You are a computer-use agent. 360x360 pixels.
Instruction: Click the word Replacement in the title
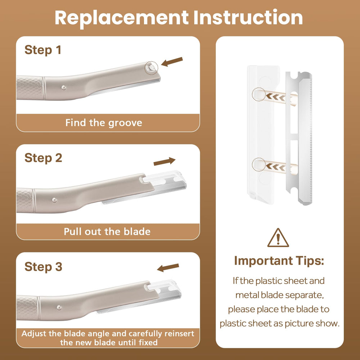click(x=122, y=18)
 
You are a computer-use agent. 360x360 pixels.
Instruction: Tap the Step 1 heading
click(x=43, y=50)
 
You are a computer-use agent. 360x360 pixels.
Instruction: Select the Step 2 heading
click(x=43, y=158)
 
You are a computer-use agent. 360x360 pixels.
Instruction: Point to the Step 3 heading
click(x=43, y=266)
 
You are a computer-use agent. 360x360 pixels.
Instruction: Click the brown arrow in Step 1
click(x=172, y=62)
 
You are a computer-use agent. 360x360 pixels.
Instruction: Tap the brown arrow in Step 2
click(x=165, y=161)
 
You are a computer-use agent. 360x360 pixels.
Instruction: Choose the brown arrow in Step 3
click(x=168, y=267)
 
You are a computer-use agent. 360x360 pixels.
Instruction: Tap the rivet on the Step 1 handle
click(x=64, y=87)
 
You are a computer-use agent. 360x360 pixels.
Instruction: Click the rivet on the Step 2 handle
click(x=54, y=200)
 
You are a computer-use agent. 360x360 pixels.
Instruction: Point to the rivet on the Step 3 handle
click(x=59, y=308)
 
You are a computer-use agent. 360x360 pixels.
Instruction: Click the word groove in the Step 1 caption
click(x=125, y=123)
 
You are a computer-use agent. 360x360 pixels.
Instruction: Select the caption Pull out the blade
click(x=107, y=231)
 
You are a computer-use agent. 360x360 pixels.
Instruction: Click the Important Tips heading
click(x=279, y=261)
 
